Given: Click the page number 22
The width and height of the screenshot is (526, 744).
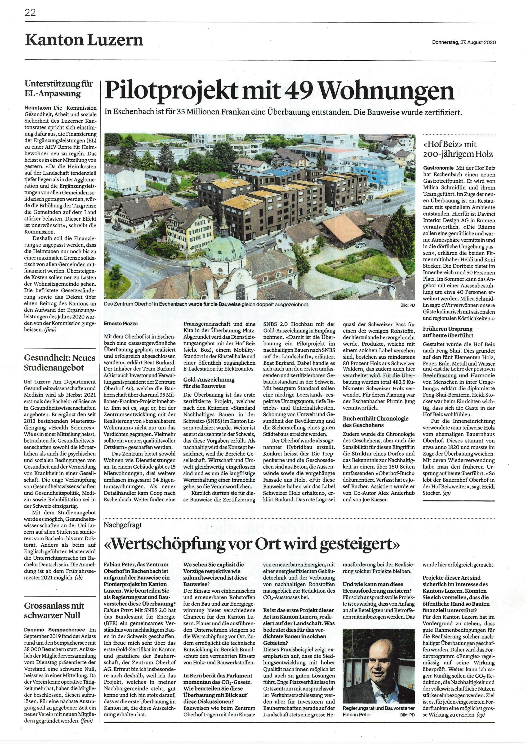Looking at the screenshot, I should pyautogui.click(x=30, y=13).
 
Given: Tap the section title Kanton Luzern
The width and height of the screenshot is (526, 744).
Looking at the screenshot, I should pyautogui.click(x=84, y=40).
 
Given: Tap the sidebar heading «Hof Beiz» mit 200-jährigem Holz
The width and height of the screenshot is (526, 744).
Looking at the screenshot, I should pyautogui.click(x=458, y=149).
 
